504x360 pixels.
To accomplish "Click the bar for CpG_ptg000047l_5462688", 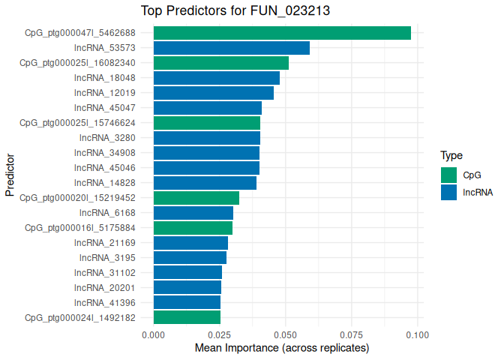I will click(x=282, y=33).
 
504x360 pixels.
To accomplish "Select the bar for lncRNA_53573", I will click(x=231, y=48).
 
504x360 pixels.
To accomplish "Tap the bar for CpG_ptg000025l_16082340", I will click(x=220, y=63).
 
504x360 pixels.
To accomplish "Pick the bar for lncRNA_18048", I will click(x=216, y=78).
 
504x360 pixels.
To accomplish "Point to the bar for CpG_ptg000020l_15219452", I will click(x=196, y=198).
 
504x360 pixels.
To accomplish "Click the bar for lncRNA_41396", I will click(x=187, y=302).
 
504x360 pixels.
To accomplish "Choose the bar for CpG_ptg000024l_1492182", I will click(x=187, y=317).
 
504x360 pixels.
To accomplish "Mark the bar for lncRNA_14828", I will click(x=205, y=183).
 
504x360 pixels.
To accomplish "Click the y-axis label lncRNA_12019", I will click(x=105, y=93).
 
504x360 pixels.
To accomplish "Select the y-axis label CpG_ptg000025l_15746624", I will click(x=77, y=123).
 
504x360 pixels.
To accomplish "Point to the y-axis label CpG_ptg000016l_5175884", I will click(x=80, y=228).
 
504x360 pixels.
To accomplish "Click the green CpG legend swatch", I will click(x=448, y=175).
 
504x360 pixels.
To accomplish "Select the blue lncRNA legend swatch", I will click(x=448, y=192).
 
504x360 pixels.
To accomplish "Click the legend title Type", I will click(x=451, y=156).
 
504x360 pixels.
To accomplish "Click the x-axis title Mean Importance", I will click(x=282, y=349).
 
